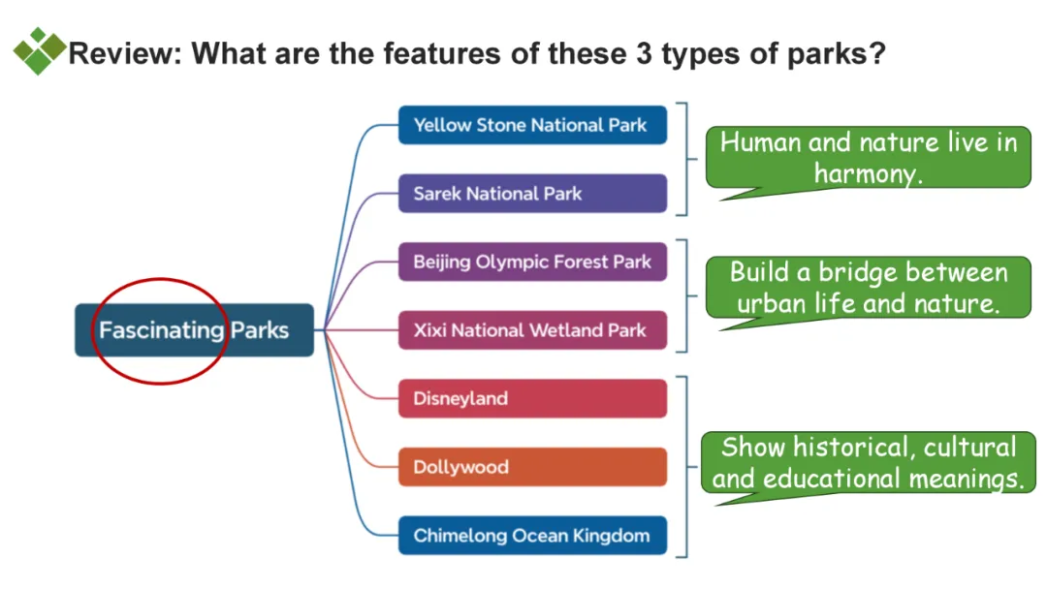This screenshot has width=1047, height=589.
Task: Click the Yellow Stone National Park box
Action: [x=532, y=125]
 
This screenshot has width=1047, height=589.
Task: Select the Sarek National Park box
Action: [x=532, y=193]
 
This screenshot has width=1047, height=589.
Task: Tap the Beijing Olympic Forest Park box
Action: [x=532, y=262]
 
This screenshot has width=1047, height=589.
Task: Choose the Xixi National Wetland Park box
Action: [x=532, y=330]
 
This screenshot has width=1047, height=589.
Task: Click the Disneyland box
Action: [x=532, y=398]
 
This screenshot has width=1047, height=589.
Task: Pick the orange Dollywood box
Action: [x=532, y=467]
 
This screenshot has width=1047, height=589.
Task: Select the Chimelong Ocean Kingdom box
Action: [x=532, y=535]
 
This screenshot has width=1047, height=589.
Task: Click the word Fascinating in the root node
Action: [x=161, y=330]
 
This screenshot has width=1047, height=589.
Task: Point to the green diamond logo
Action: [x=39, y=50]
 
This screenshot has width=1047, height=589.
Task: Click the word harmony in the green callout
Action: [x=867, y=173]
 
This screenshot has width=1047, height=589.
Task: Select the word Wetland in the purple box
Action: [x=567, y=330]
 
